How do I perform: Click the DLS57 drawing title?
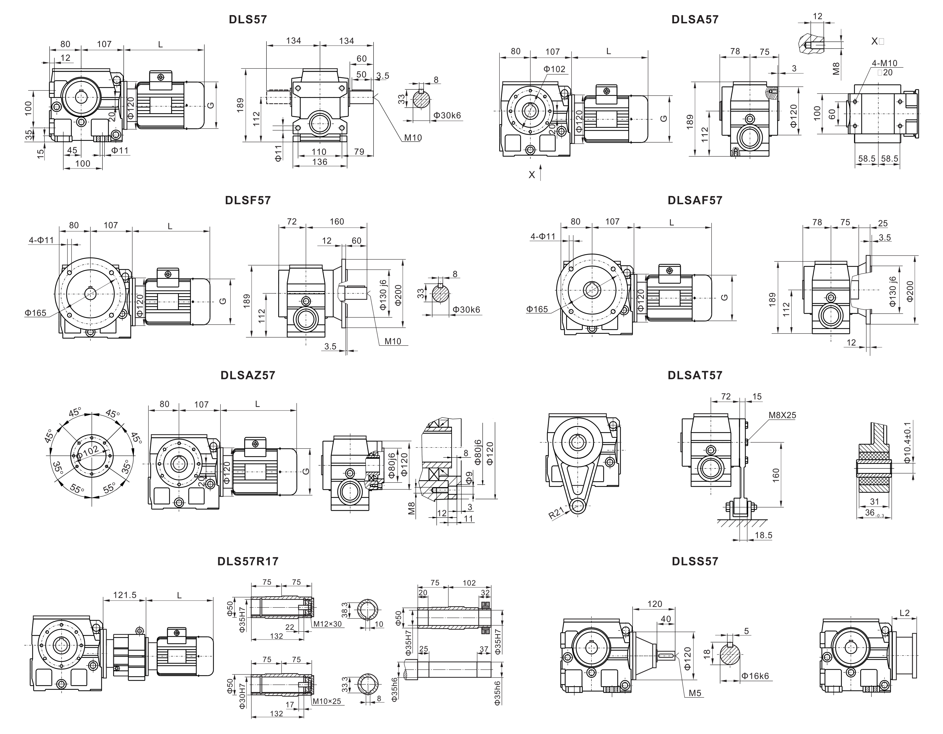point(248,20)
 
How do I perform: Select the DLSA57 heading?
point(695,20)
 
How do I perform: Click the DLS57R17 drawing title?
point(248,561)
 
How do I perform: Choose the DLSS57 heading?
point(695,561)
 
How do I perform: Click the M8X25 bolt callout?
point(782,415)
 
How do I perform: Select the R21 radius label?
point(556,513)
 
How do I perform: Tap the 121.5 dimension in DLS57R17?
point(125,595)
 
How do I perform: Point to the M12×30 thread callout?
point(327,624)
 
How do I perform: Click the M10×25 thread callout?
point(327,701)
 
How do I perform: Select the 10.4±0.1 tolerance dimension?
point(907,443)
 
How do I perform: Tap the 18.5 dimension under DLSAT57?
point(764,535)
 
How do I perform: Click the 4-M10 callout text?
point(884,63)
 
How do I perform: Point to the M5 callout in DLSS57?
point(695,693)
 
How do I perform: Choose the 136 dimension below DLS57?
point(319,162)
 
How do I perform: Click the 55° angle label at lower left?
point(77,489)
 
